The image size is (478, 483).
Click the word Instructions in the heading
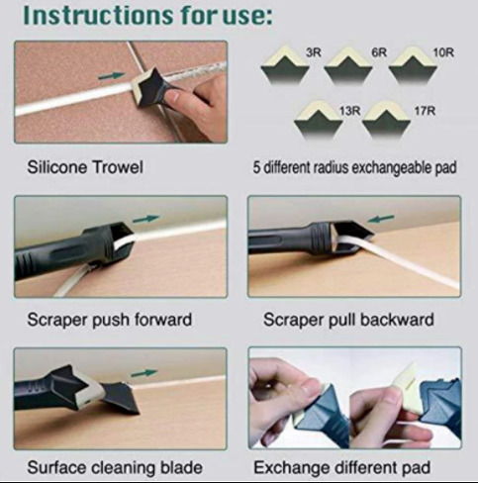coord(98,15)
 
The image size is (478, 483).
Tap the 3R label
coord(314,52)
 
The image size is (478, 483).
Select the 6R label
coord(379,52)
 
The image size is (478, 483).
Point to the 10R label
coord(443,52)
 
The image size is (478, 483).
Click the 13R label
coord(350,111)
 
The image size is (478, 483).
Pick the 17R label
coord(425,111)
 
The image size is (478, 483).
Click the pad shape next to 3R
coord(285,64)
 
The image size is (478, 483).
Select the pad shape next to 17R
coord(386,119)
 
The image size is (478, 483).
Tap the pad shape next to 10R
coord(413,64)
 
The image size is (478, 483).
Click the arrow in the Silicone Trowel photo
coord(112,76)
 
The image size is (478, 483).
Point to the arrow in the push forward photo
coord(146,219)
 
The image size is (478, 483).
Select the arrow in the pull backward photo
coord(381,219)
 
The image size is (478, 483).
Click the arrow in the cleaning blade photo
coord(144,373)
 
